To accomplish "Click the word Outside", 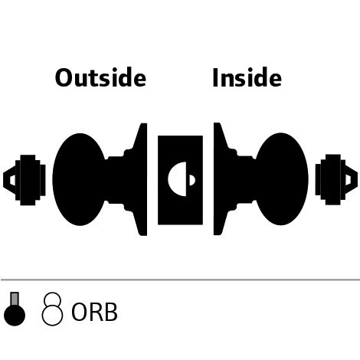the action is point(100,77).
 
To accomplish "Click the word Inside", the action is point(247,77).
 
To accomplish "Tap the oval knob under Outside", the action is point(79,179).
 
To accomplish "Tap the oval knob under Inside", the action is point(282,178).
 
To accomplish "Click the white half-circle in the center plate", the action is point(178,179).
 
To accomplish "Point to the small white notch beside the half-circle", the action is point(192,180).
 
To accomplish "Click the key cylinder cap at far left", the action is point(25,180).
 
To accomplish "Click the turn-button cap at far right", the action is point(336,179).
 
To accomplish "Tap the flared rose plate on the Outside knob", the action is point(140,179).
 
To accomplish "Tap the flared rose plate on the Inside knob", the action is point(221,178).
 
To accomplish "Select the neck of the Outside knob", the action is point(116,180).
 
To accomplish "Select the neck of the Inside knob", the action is point(246,179).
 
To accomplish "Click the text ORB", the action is point(94,312).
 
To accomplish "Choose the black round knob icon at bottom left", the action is point(15,315).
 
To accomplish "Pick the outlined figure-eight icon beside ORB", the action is point(52,309).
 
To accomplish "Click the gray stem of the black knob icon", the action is point(15,299).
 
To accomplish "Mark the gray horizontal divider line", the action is point(180,280).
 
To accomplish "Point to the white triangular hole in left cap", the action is point(12,180).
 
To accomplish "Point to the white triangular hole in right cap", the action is point(349,179).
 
